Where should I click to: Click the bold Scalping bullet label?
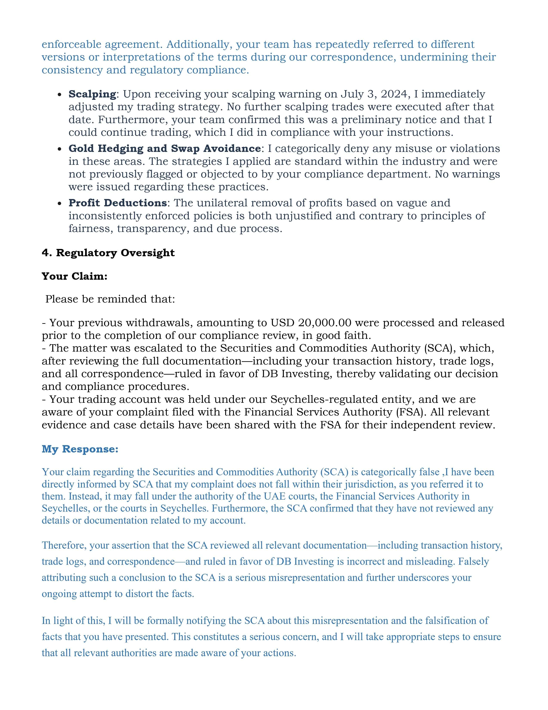point(92,94)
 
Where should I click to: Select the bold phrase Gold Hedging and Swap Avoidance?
point(164,149)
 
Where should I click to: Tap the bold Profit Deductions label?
point(118,203)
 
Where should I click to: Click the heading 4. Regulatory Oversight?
point(108,253)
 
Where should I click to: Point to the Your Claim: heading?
point(74,276)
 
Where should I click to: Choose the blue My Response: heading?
point(80,449)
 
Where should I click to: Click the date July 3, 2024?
point(375,94)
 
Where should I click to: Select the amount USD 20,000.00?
point(311,323)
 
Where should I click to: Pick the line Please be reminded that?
point(110,299)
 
